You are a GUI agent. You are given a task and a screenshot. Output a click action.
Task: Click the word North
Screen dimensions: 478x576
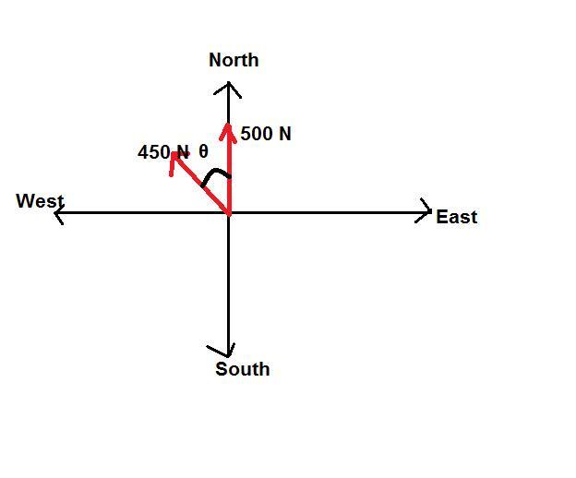pyautogui.click(x=234, y=60)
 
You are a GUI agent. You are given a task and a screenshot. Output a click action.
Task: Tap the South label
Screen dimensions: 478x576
pyautogui.click(x=243, y=369)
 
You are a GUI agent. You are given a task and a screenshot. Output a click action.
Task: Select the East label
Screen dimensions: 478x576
pyautogui.click(x=456, y=217)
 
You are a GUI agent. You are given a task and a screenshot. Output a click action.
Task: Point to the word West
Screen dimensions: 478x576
pyautogui.click(x=40, y=201)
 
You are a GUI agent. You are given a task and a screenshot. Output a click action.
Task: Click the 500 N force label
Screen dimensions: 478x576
pyautogui.click(x=266, y=134)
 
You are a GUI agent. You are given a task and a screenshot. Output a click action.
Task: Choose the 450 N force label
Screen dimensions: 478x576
pyautogui.click(x=162, y=152)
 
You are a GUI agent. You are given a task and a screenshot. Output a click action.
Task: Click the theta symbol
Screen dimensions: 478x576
pyautogui.click(x=203, y=152)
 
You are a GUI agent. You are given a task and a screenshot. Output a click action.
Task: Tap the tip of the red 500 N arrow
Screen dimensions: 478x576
pyautogui.click(x=228, y=124)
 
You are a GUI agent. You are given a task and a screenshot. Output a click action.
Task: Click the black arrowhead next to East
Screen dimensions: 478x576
pyautogui.click(x=427, y=212)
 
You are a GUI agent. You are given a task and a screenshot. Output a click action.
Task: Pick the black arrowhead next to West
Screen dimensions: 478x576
pyautogui.click(x=58, y=213)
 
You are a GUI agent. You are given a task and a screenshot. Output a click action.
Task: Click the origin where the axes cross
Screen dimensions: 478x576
pyautogui.click(x=228, y=213)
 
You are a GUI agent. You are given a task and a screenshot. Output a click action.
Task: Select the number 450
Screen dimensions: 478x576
pyautogui.click(x=153, y=152)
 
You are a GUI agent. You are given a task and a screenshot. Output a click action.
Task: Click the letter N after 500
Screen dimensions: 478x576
pyautogui.click(x=283, y=134)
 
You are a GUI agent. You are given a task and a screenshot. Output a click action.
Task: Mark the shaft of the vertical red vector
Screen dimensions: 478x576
pyautogui.click(x=228, y=171)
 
